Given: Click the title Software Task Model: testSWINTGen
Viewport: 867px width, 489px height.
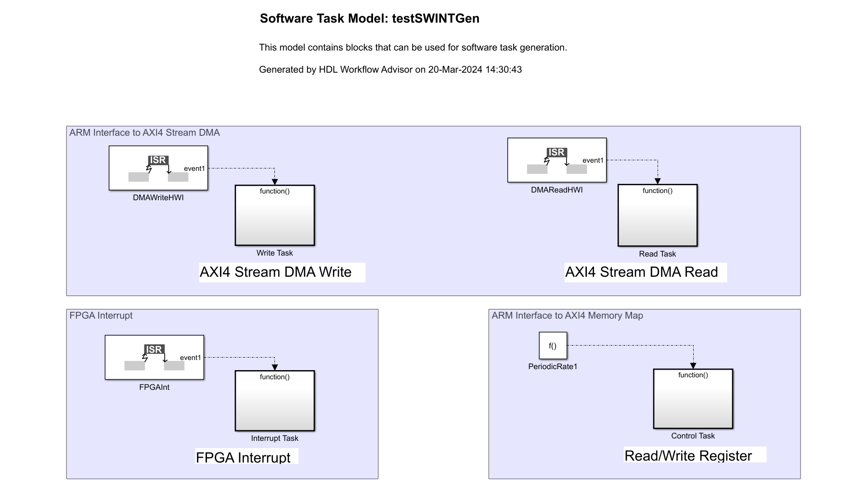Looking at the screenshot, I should click(x=369, y=19).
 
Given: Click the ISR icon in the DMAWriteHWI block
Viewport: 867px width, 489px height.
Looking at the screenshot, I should click(x=158, y=160).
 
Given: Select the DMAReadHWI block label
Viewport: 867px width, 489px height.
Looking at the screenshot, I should click(x=556, y=190).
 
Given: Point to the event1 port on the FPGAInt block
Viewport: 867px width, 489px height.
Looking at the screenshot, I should click(x=191, y=358).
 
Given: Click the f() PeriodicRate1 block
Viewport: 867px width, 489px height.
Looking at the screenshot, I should click(x=553, y=346).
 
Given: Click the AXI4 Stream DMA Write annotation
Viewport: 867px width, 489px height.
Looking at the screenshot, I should click(x=275, y=272).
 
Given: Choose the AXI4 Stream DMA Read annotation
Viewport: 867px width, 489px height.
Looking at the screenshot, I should click(x=641, y=272).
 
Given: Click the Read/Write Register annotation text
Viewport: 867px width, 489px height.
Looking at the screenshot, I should click(x=688, y=456).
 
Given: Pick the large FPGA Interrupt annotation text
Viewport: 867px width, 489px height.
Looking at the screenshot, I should click(x=243, y=457).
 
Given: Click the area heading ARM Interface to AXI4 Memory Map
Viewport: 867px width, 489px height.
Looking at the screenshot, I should click(x=567, y=316).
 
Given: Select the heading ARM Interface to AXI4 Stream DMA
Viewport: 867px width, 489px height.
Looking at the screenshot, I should click(x=144, y=133).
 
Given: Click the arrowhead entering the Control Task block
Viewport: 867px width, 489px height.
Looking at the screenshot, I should click(x=693, y=366).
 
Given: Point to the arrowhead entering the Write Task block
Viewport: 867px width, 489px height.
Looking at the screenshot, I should click(x=275, y=182).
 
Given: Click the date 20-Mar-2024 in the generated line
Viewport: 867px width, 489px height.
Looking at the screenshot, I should click(x=455, y=70).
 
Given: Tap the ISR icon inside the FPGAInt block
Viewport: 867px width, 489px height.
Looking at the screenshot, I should click(x=154, y=349).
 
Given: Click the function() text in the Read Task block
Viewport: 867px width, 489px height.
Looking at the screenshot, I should click(x=657, y=191).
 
